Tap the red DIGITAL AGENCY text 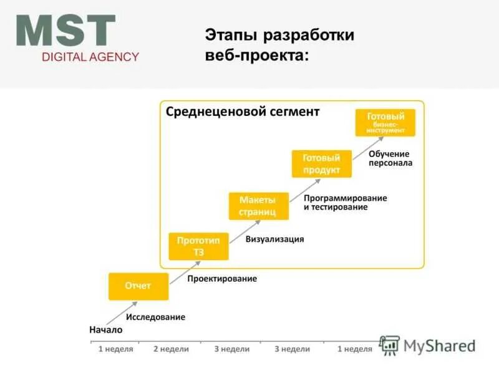[x=90, y=57]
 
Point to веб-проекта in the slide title [x=256, y=55]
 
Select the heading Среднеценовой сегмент [x=242, y=112]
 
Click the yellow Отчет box [x=138, y=286]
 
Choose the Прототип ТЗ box [x=198, y=246]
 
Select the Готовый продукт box [x=321, y=164]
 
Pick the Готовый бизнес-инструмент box [x=385, y=123]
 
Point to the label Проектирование [x=222, y=279]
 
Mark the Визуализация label [x=274, y=239]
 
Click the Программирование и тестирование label [x=345, y=202]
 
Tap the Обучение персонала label [x=390, y=158]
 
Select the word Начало [x=106, y=330]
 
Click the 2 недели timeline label [x=171, y=349]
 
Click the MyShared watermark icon [x=390, y=346]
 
